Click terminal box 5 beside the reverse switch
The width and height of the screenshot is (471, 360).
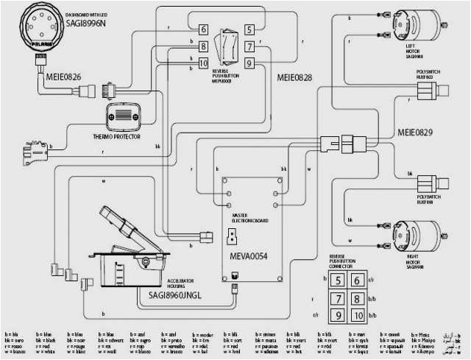tap(249, 29)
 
